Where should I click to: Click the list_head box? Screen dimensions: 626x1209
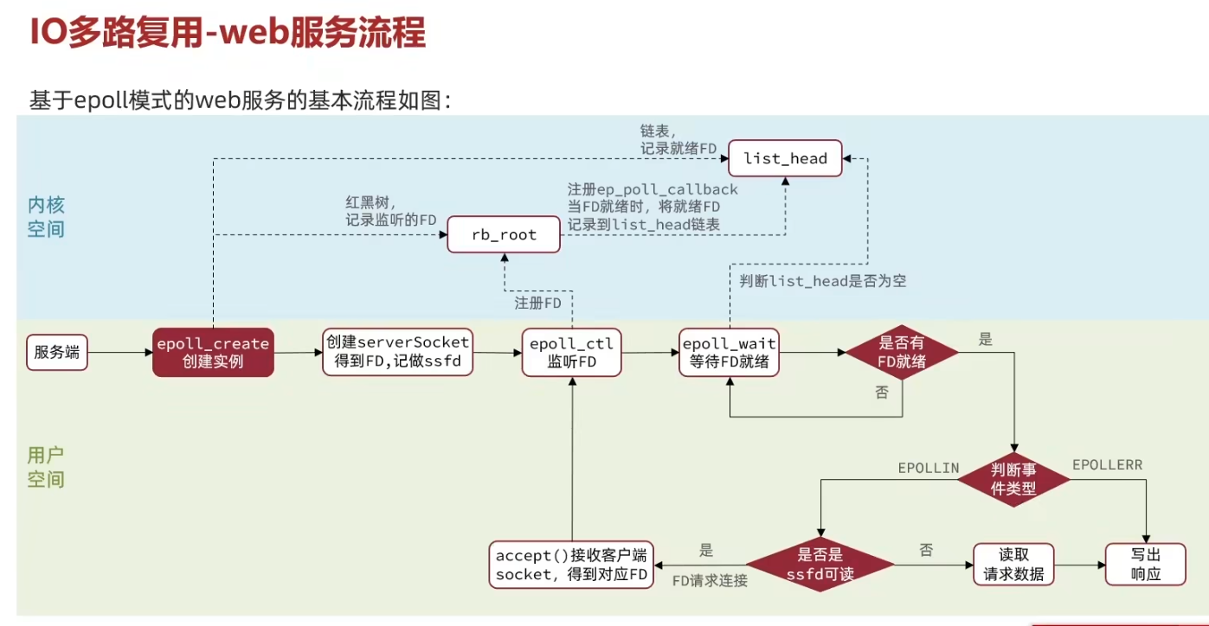785,158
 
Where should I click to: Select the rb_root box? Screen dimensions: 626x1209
504,234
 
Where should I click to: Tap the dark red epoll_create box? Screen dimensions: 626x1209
213,352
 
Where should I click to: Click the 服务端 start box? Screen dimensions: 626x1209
57,352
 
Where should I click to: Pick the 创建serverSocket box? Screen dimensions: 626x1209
398,352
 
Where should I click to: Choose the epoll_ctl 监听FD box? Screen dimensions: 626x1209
572,353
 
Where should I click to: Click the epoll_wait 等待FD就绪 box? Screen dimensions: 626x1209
730,353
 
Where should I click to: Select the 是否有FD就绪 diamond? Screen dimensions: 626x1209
902,353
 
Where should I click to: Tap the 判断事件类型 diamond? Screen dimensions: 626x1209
1014,478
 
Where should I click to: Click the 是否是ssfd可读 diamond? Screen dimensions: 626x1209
820,564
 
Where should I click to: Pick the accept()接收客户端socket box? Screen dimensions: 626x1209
571,564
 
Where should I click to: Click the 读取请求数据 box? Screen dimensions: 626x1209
1013,564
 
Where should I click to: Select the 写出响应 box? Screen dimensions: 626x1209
1145,564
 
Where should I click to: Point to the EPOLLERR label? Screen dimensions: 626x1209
1107,465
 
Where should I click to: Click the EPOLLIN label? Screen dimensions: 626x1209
928,468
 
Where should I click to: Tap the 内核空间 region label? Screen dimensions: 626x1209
46,217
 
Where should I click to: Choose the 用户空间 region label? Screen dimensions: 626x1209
46,467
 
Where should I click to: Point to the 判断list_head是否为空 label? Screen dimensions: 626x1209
823,281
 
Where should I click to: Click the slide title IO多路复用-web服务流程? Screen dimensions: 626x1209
228,34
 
